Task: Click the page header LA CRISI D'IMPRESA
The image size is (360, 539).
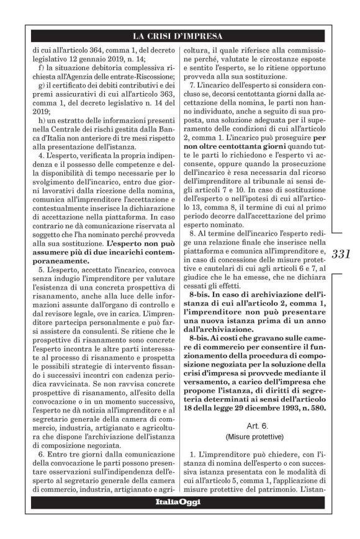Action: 180,35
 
